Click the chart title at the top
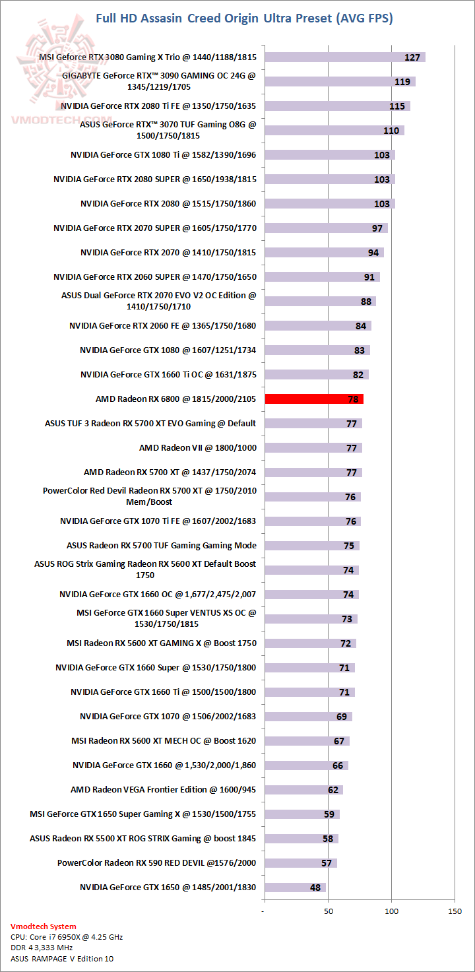244,18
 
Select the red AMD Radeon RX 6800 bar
314,399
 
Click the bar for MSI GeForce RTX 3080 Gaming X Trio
344,57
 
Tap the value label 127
412,57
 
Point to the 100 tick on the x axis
392,911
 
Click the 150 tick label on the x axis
455,911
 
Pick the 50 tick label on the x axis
329,911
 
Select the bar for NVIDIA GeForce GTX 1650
295,888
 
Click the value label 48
315,888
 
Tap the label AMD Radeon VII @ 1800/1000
197,447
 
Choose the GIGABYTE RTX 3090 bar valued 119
340,82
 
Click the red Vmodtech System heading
44,926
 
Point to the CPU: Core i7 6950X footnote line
67,937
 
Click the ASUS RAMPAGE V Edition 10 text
62,958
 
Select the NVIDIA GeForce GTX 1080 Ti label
163,155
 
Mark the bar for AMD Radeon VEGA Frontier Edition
303,790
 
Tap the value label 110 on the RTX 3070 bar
391,131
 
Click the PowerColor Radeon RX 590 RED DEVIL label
156,863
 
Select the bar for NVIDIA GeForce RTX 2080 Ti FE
337,106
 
